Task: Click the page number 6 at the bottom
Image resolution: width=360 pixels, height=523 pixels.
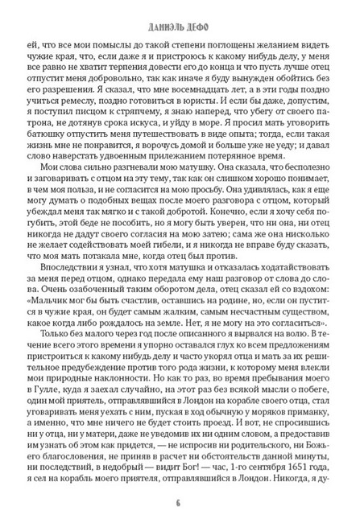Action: pyautogui.click(x=180, y=504)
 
